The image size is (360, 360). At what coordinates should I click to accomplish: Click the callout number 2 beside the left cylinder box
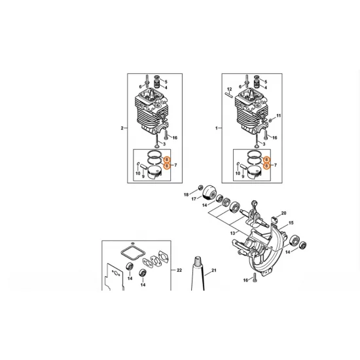tap(122, 128)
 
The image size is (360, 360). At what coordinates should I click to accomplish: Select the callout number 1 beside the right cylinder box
tap(216, 128)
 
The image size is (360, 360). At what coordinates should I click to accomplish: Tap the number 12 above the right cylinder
tap(229, 89)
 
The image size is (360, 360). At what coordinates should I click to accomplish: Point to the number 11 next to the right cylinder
tap(278, 116)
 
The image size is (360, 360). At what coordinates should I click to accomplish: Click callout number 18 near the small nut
tap(186, 195)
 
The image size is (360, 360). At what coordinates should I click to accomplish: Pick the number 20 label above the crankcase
tap(283, 213)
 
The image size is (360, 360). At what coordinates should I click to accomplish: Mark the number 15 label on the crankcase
tap(291, 223)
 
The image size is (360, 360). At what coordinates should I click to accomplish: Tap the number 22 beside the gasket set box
tap(179, 270)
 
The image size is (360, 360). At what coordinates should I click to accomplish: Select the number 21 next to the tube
tap(213, 270)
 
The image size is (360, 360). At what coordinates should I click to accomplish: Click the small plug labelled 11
tap(270, 122)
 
